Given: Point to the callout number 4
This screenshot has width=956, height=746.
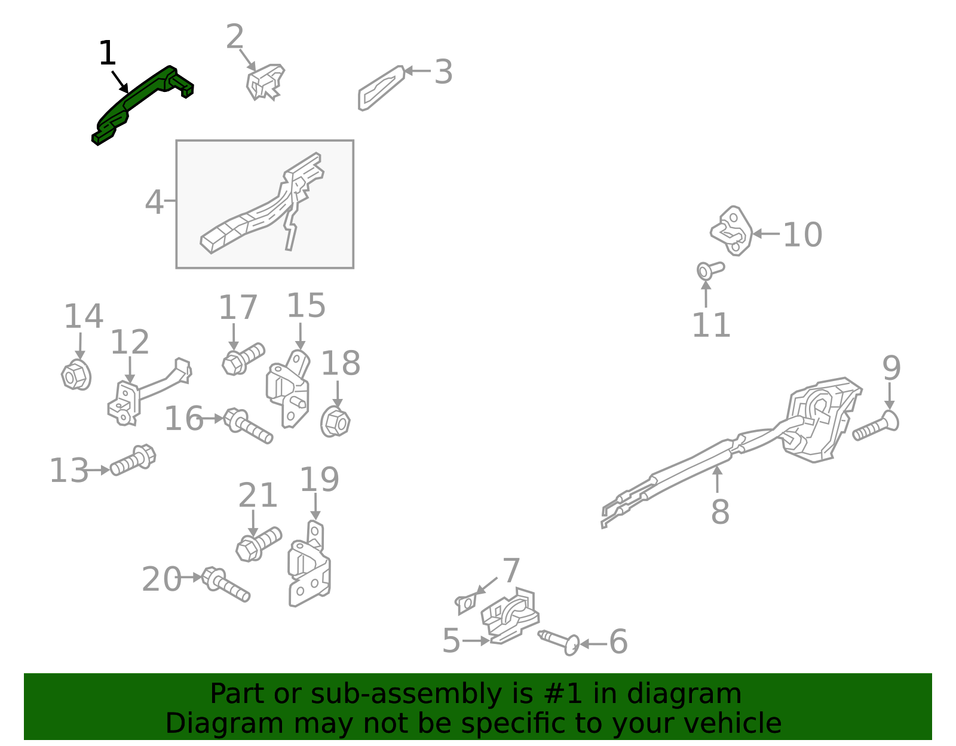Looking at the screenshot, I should pyautogui.click(x=154, y=202).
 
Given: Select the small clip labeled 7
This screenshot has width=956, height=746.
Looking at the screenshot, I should pyautogui.click(x=466, y=604).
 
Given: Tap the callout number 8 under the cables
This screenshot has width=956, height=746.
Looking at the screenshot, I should pyautogui.click(x=720, y=512).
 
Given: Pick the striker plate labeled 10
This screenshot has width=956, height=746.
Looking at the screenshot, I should pyautogui.click(x=732, y=231).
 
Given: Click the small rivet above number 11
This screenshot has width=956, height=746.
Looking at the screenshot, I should pyautogui.click(x=709, y=270).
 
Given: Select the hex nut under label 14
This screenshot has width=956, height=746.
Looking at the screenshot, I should pyautogui.click(x=76, y=375).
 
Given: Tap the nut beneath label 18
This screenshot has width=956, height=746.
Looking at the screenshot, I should pyautogui.click(x=335, y=422).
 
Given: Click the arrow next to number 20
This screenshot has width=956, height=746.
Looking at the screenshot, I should pyautogui.click(x=192, y=577).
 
